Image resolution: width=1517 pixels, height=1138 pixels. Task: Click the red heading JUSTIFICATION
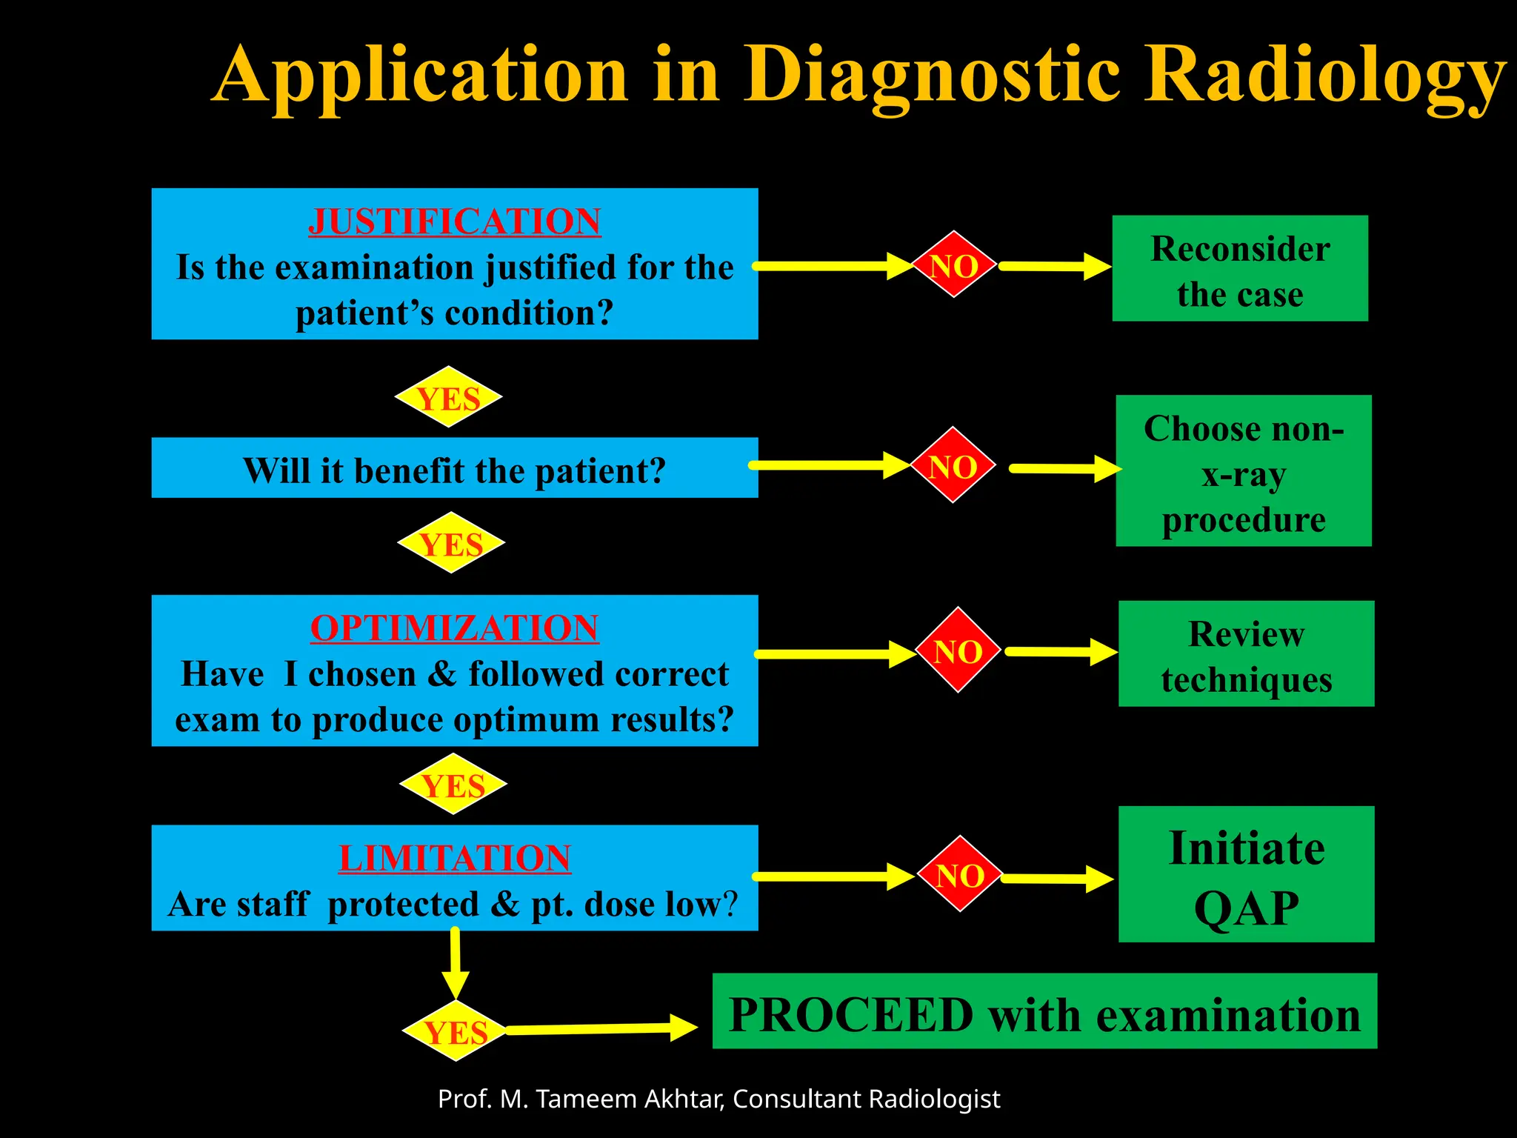454,222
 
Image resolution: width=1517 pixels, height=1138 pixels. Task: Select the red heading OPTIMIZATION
454,628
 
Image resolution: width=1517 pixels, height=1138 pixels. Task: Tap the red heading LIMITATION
454,859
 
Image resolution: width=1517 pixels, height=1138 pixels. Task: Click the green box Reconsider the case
1239,268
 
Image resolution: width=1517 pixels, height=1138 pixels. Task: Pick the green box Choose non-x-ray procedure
1243,471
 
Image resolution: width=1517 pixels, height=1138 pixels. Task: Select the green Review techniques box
1246,654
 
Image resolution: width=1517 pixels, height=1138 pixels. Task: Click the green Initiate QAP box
1246,874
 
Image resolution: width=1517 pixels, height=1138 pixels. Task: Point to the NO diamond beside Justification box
954,264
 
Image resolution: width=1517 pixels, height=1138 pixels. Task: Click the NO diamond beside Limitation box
960,874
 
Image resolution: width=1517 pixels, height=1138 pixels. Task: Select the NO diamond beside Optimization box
958,650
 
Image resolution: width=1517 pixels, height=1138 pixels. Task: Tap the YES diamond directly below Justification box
448,397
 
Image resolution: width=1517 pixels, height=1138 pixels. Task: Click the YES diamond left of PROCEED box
456,1031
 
